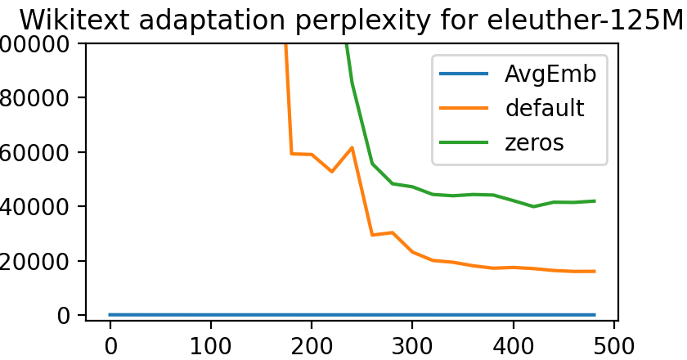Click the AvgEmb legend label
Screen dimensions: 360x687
550,74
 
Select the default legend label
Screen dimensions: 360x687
544,108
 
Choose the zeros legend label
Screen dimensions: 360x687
534,142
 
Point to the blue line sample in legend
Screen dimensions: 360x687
464,74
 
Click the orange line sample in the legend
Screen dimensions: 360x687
464,108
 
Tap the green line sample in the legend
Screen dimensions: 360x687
464,142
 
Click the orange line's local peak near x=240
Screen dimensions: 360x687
352,147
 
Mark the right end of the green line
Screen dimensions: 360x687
594,200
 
